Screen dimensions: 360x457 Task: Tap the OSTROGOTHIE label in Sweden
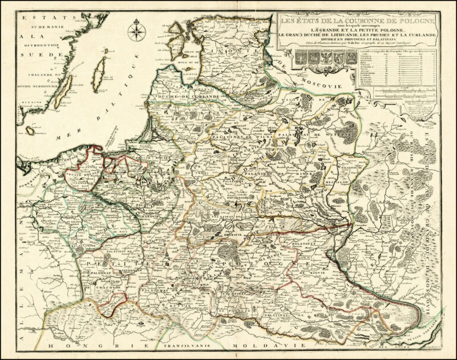coord(39,45)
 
